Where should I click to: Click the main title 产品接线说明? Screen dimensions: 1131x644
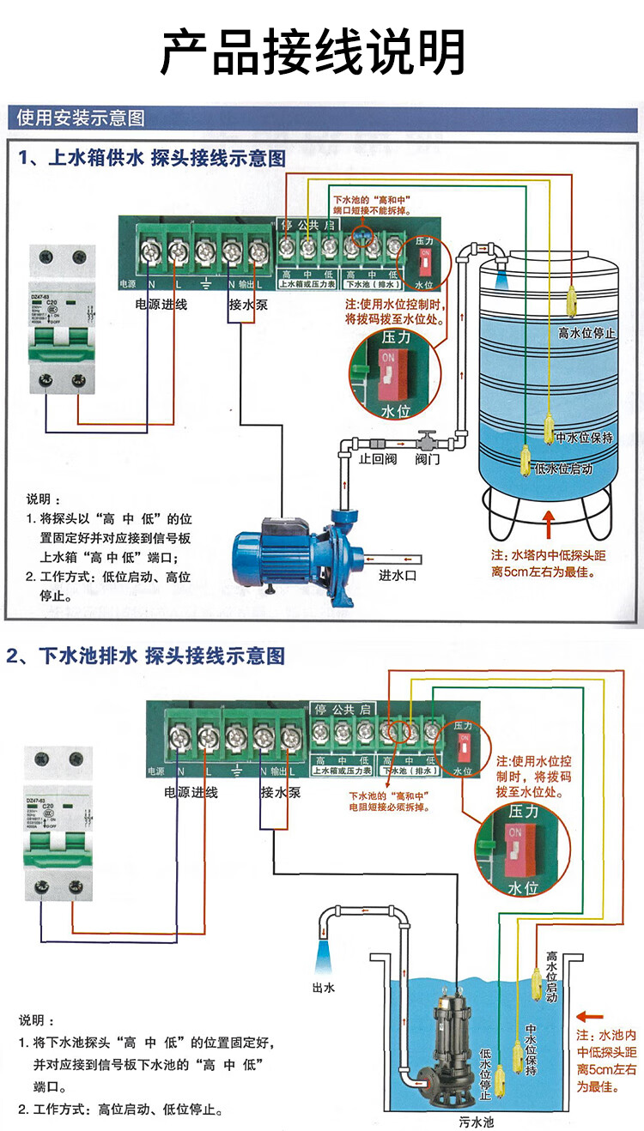click(314, 51)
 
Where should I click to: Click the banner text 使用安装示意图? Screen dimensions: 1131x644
click(82, 118)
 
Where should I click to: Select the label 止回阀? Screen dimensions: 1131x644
click(376, 460)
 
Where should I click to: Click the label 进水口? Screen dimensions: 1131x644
click(398, 576)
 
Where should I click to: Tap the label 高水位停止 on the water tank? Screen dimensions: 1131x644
click(587, 333)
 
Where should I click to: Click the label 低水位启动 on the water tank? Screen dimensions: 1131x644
click(563, 469)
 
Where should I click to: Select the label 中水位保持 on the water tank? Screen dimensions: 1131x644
click(584, 438)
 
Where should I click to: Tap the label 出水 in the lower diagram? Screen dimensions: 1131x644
click(324, 987)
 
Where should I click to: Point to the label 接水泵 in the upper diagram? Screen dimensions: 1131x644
click(247, 305)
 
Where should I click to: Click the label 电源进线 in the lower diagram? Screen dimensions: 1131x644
click(191, 792)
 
